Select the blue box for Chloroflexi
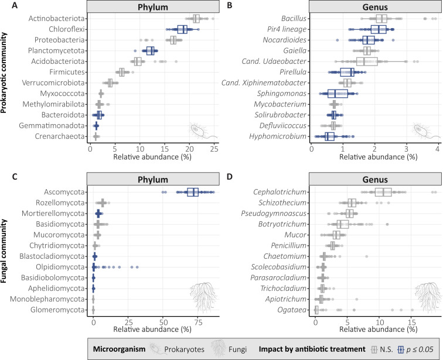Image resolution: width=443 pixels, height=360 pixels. tap(182, 29)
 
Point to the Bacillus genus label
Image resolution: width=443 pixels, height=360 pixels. tap(294, 19)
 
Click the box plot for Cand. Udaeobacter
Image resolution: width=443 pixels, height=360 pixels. tap(367, 61)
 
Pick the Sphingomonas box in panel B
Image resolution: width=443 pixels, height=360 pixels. tap(338, 94)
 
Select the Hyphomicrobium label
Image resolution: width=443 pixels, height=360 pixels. tap(278, 136)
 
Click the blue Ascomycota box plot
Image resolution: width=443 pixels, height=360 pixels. tap(193, 192)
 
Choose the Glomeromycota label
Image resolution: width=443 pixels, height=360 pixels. tap(57, 310)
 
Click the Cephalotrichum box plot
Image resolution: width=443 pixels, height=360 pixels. tap(383, 192)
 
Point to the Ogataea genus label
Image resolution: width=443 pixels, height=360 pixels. tap(292, 310)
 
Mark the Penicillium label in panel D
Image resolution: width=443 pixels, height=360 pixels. tap(288, 245)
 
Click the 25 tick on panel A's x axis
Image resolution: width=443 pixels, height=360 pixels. tap(214, 149)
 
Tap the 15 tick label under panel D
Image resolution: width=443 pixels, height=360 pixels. tap(412, 321)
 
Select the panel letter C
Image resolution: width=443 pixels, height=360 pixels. tap(15, 177)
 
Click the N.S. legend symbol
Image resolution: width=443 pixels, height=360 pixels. tap(374, 349)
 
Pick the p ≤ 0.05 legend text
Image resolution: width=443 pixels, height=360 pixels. tap(420, 349)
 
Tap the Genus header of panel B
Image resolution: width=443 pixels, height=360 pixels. tap(375, 7)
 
